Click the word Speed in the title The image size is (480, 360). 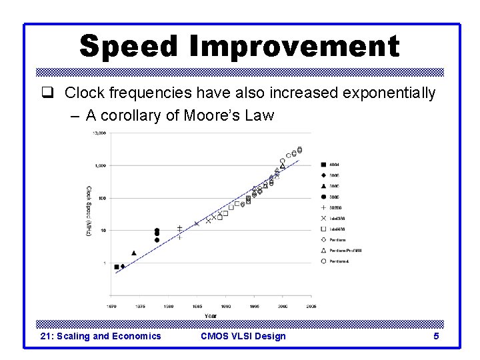point(129,46)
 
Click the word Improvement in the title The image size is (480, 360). point(294,46)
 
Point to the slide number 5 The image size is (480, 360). point(436,336)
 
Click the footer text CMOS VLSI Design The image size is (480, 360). point(243,336)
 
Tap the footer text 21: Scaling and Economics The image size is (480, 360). point(101,336)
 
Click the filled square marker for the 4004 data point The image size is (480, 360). point(117,267)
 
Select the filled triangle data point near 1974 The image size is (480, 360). point(134,253)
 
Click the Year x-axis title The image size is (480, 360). point(211,315)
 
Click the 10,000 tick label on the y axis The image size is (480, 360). point(99,133)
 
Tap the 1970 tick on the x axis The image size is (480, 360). point(112,307)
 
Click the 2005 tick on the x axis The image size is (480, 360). point(311,307)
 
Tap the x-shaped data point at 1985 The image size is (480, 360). point(196,223)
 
